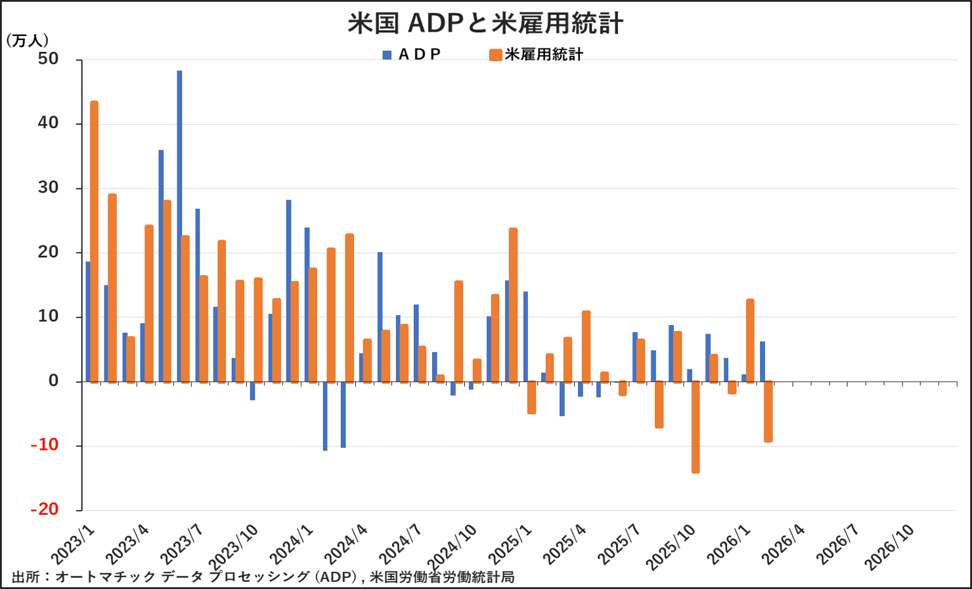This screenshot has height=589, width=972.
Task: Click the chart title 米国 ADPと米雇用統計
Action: [485, 23]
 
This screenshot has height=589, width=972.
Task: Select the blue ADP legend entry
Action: [412, 55]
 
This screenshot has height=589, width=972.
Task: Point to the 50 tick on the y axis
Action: [48, 59]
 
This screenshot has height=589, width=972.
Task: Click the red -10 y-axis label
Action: [45, 445]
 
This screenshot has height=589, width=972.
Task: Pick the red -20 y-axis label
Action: [45, 510]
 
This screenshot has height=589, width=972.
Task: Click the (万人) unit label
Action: [27, 41]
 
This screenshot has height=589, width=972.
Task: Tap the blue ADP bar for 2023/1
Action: [88, 322]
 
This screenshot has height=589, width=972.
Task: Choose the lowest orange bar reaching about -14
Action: [696, 427]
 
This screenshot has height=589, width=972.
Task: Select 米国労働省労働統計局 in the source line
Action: [442, 577]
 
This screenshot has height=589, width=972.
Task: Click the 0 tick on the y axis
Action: [53, 381]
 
